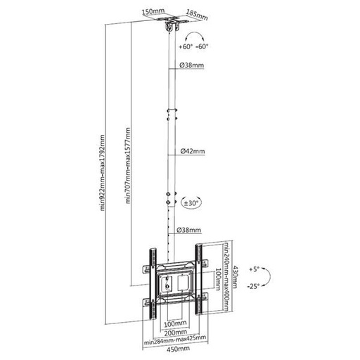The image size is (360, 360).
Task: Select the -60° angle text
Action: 204,47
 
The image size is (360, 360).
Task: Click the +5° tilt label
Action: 254,269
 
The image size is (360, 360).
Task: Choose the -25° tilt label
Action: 254,287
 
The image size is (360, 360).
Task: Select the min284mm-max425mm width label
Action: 174,340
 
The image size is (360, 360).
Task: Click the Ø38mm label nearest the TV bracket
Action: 191,230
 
